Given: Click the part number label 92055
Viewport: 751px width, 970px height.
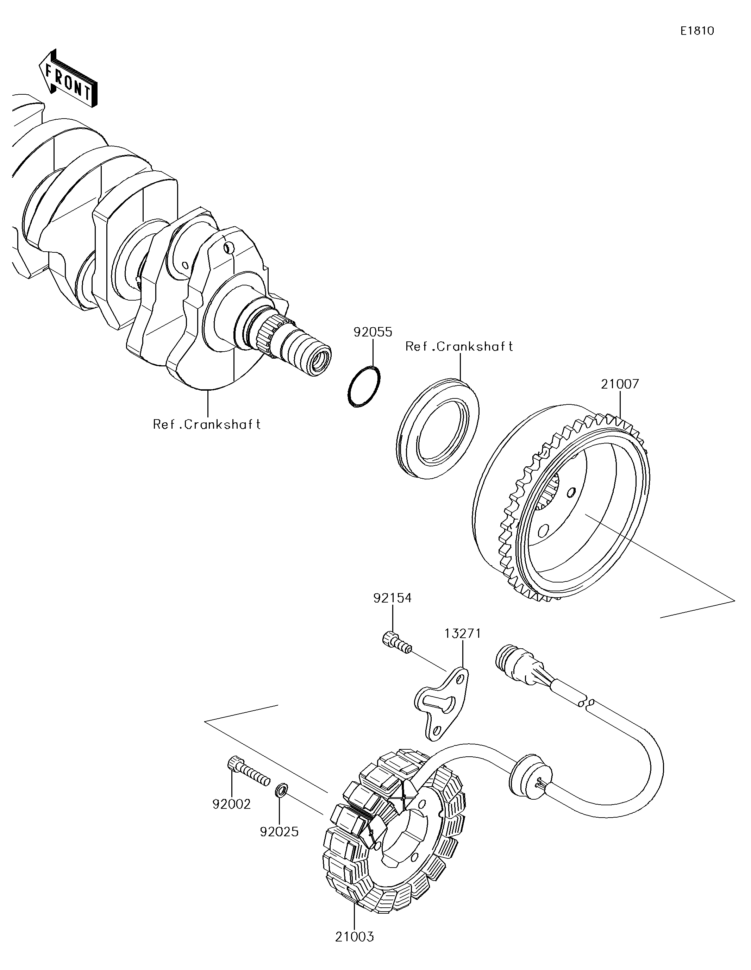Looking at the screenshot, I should click(x=373, y=332).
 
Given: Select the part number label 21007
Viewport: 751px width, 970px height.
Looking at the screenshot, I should click(x=620, y=384).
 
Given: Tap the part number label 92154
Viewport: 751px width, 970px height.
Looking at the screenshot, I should click(x=392, y=598).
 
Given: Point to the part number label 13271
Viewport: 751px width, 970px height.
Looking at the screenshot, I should click(x=463, y=634).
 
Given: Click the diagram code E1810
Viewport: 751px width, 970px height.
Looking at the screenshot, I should click(x=697, y=31).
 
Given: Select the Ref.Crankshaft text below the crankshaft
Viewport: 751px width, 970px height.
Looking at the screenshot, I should click(x=207, y=424).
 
